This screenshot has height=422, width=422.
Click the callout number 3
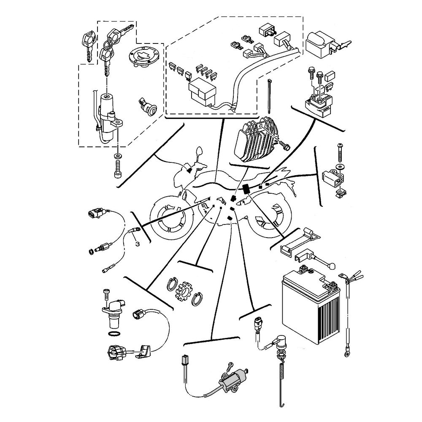[138, 244]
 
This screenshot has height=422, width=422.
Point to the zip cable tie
[269, 95]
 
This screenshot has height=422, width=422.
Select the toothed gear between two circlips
[183, 291]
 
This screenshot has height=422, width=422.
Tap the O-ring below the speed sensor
[114, 334]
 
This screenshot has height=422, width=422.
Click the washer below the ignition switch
[118, 156]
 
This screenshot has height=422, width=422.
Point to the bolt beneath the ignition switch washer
[118, 169]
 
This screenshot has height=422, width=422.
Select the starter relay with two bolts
[318, 104]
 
